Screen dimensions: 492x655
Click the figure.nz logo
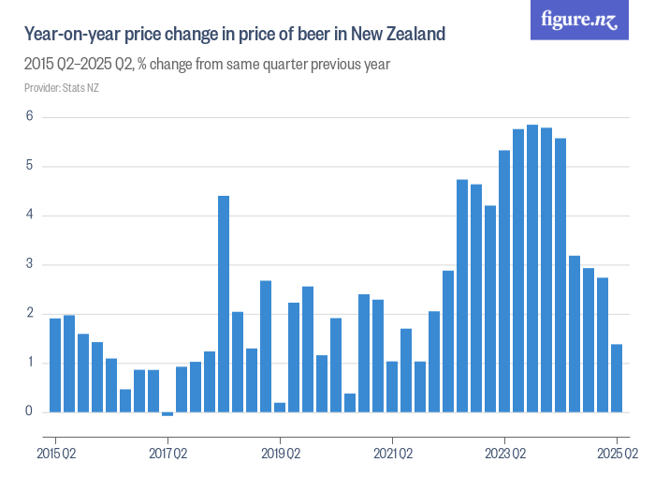[579, 20]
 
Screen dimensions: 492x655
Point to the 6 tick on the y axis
[30, 117]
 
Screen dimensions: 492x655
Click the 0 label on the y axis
[30, 411]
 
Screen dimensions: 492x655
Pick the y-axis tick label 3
[30, 264]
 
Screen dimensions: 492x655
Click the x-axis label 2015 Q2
[55, 455]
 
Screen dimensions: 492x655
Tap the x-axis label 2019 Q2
[280, 455]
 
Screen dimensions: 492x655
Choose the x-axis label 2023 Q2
[504, 455]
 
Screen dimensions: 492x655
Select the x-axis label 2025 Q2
[617, 455]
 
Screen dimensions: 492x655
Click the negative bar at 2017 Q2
[167, 414]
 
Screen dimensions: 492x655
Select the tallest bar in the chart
[532, 268]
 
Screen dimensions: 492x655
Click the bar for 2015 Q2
[55, 365]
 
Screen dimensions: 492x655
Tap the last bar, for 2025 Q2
[617, 378]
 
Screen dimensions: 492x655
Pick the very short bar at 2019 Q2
[280, 407]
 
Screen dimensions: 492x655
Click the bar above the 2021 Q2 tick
[392, 386]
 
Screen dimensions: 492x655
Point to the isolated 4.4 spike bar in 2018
[224, 304]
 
